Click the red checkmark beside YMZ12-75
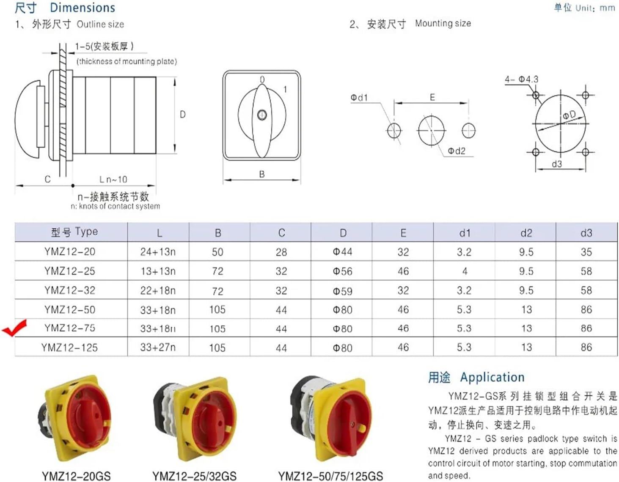(15, 328)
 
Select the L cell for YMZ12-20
(158, 252)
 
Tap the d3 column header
(586, 233)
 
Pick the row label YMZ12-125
(70, 348)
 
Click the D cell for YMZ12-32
(342, 291)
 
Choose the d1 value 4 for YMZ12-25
(465, 271)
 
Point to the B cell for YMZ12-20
(217, 252)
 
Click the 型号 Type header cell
(74, 232)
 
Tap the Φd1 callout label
(359, 98)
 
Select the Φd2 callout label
(457, 151)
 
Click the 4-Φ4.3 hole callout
(521, 79)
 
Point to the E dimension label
(432, 97)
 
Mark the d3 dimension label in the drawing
(557, 164)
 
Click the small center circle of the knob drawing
(262, 115)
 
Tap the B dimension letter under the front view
(262, 174)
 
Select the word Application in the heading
(492, 377)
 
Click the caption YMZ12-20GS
(76, 476)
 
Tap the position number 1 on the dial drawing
(285, 89)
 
